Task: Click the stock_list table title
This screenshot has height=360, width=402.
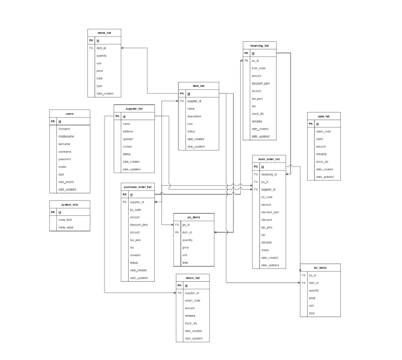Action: pos(105,33)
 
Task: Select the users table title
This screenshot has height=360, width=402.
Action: pos(70,114)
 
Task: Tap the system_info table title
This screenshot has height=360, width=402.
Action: pos(70,205)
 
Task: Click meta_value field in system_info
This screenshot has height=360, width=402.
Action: pos(66,227)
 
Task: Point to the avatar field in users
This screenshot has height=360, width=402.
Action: pos(62,167)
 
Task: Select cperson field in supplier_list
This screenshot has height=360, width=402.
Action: pos(128,139)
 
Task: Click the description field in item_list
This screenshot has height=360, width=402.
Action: pos(195,116)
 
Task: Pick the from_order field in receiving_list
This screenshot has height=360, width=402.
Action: pos(259,68)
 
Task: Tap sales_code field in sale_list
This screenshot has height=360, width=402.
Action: pos(324,131)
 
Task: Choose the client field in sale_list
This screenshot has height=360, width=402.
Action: pos(319,139)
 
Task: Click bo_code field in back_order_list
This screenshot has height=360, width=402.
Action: pos(266,197)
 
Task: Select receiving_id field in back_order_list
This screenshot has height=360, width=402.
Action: pos(269,174)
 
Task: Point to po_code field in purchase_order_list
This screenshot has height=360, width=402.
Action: pos(135,209)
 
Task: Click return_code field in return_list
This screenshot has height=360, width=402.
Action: pos(192,301)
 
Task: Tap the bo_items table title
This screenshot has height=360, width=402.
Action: pos(320,267)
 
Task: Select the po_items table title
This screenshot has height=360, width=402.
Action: pos(194,216)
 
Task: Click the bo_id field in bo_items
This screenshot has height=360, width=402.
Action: pos(312,275)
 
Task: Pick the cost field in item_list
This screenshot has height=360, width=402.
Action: pos(190,124)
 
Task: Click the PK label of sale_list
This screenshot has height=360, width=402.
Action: pos(310,124)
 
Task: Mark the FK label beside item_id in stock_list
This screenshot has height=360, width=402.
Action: pos(91,48)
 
